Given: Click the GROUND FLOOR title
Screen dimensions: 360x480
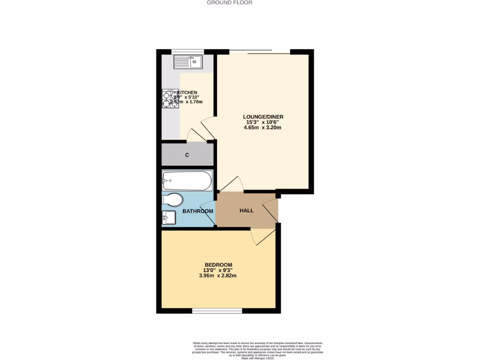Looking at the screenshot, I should (x=230, y=2).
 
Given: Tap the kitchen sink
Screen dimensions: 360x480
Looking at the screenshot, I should (x=187, y=61).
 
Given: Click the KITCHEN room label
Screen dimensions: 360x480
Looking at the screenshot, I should (x=187, y=92).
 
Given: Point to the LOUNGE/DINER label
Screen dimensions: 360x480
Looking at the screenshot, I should (x=263, y=117).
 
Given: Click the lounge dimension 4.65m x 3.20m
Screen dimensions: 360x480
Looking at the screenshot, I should (x=262, y=127).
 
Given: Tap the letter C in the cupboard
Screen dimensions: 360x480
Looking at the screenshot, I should (x=187, y=155).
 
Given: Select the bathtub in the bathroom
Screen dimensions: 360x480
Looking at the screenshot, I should (x=187, y=180).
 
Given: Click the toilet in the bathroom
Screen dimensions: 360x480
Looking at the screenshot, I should (x=172, y=200).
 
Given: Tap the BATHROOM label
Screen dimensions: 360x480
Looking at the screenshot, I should (x=197, y=211).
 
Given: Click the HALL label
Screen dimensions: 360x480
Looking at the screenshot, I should (x=247, y=210).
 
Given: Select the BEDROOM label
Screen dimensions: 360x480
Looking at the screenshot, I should (x=218, y=265).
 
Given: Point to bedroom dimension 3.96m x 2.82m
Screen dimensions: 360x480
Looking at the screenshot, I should (x=217, y=276).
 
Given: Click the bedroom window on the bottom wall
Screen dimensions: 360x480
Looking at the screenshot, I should (x=217, y=310).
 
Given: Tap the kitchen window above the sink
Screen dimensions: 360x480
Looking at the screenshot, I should (x=187, y=52).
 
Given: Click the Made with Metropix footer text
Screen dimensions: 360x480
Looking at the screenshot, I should (x=257, y=358).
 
